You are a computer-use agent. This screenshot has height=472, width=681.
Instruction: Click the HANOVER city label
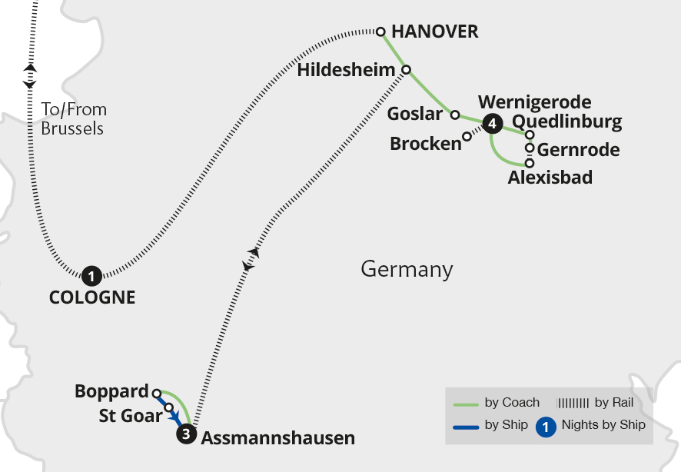pyautogui.click(x=435, y=32)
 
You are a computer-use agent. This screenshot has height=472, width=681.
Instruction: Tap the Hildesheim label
pyautogui.click(x=346, y=70)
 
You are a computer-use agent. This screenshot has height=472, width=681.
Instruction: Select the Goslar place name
pyautogui.click(x=415, y=115)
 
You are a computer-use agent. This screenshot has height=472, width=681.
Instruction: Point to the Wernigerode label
pyautogui.click(x=534, y=102)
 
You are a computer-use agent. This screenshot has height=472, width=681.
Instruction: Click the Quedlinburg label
pyautogui.click(x=566, y=121)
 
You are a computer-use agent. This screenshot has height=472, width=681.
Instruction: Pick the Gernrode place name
pyautogui.click(x=578, y=150)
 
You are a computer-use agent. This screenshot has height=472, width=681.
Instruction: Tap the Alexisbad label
pyautogui.click(x=550, y=178)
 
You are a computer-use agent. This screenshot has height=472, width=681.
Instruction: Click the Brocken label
pyautogui.click(x=425, y=144)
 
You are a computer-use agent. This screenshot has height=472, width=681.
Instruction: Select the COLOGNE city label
pyautogui.click(x=92, y=297)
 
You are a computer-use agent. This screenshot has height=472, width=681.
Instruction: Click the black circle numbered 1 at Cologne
pyautogui.click(x=91, y=275)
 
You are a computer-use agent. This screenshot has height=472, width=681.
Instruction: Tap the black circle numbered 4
pyautogui.click(x=492, y=121)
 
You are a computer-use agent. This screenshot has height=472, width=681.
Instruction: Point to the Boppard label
pyautogui.click(x=111, y=392)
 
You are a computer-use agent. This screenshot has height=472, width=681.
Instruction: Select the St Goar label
pyautogui.click(x=131, y=416)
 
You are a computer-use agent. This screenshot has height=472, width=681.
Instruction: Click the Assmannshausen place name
pyautogui.click(x=278, y=439)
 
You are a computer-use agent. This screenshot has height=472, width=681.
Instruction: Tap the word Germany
pyautogui.click(x=407, y=270)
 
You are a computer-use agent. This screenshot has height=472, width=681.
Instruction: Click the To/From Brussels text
pyautogui.click(x=73, y=119)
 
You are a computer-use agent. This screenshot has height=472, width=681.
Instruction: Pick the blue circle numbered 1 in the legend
pyautogui.click(x=545, y=426)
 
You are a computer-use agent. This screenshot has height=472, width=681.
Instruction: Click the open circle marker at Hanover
pyautogui.click(x=380, y=32)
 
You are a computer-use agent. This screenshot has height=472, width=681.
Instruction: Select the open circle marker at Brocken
pyautogui.click(x=467, y=137)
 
